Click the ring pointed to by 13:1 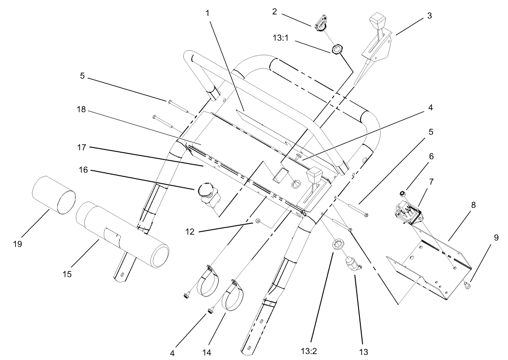338,48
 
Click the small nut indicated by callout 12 258,222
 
